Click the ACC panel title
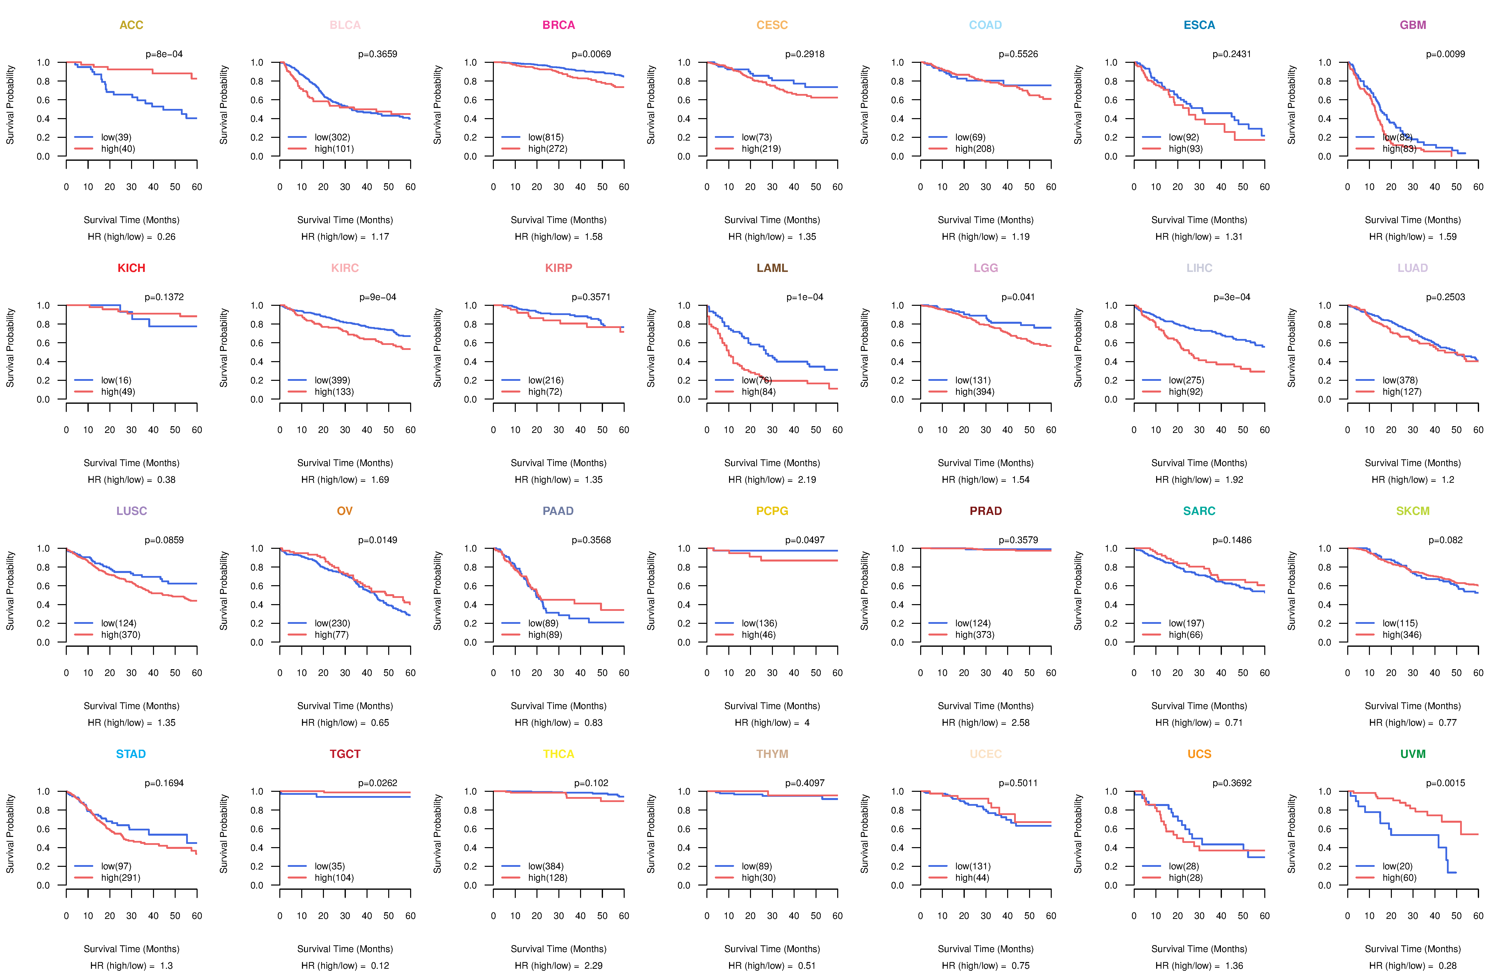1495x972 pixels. point(131,25)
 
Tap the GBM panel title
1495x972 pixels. point(1413,25)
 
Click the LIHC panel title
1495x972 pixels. point(1199,268)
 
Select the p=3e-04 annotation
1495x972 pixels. point(1232,297)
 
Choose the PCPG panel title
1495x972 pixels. point(772,511)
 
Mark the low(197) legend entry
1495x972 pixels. point(1186,623)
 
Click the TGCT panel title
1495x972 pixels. point(345,754)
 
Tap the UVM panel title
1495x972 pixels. point(1413,754)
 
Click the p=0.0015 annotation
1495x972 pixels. point(1445,783)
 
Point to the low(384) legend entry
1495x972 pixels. point(545,866)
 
